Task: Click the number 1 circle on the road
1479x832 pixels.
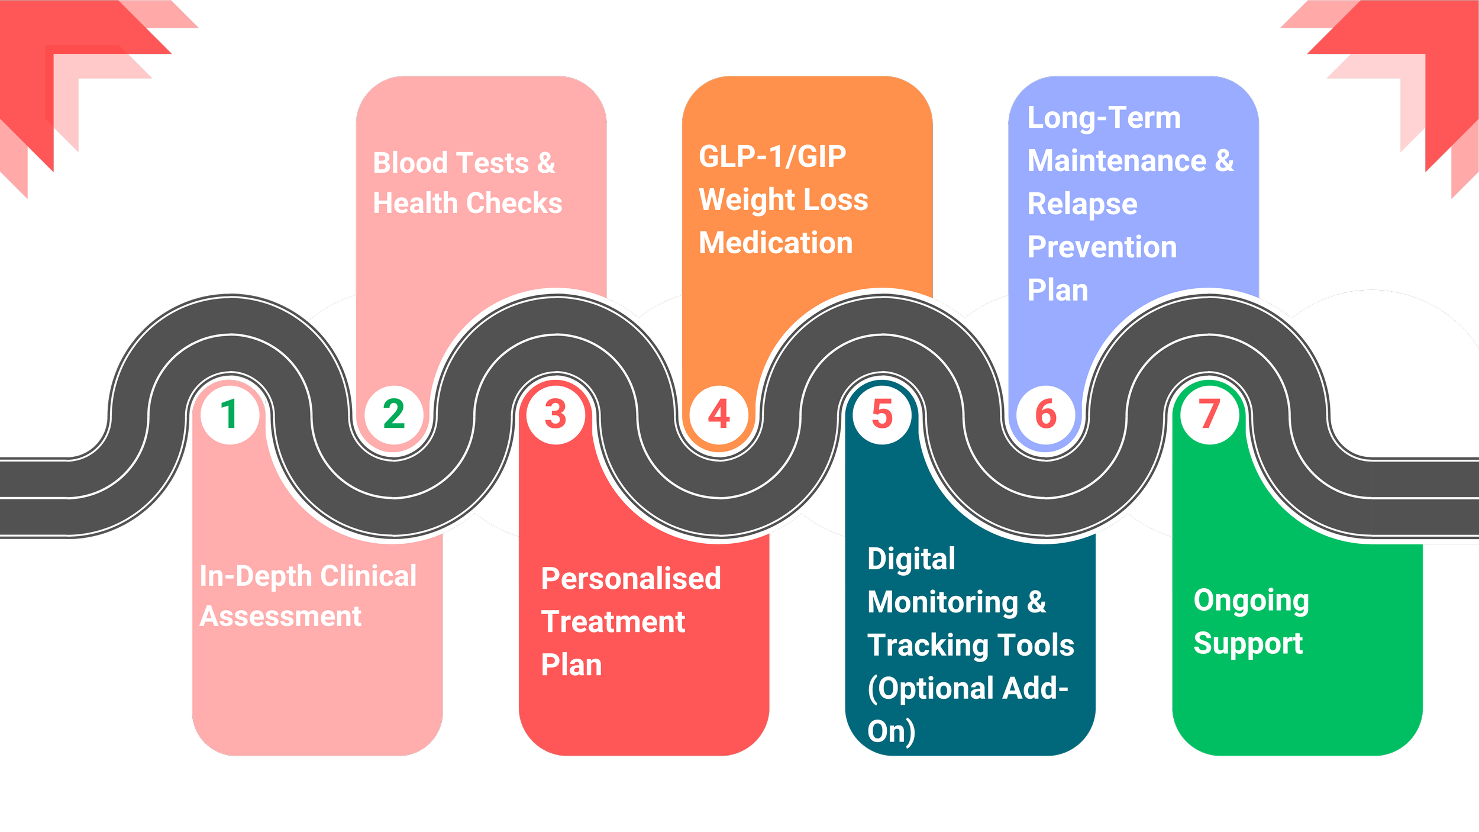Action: coord(230,414)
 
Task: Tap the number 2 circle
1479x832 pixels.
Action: coord(394,414)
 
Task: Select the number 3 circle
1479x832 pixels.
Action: coord(556,414)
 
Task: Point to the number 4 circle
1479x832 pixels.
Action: coord(719,414)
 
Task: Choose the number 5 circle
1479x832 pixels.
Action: coord(882,414)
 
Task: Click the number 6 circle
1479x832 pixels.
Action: coord(1045,414)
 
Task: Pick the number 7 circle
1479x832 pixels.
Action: coord(1209,414)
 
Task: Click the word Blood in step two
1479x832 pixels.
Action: coord(409,163)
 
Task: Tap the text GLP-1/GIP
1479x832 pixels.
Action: coord(772,157)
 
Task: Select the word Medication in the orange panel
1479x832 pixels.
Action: coord(776,243)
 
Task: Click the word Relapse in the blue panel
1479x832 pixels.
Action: coord(1082,205)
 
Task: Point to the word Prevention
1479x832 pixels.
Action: coord(1102,247)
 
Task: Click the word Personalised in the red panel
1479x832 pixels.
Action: coord(631,579)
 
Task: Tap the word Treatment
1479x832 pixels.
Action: coord(613,622)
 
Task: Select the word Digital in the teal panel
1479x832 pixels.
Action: coord(911,559)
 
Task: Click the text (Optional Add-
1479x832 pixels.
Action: coord(968,688)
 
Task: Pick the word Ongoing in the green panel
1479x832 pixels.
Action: coord(1251,601)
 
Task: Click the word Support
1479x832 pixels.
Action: coord(1248,644)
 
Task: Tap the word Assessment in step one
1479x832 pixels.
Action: coord(280,617)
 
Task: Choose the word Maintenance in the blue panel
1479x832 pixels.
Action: coord(1116,161)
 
